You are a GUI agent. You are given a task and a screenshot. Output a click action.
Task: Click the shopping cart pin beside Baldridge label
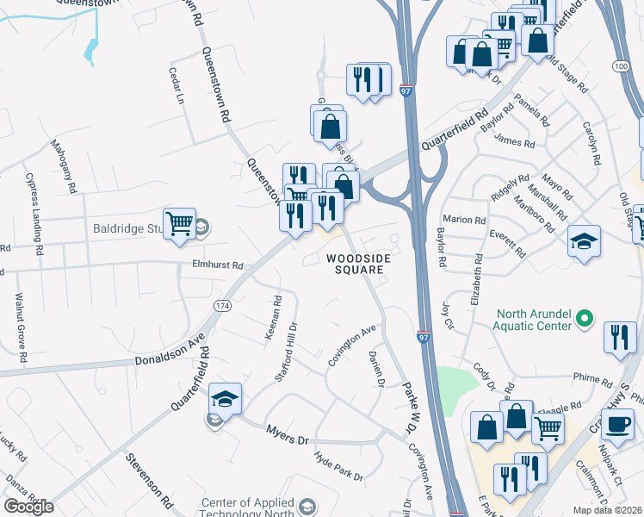coord(179,224)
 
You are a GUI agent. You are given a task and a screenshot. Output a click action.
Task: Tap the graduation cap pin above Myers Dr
coord(225,399)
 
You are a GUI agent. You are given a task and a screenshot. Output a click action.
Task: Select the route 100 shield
coord(622,66)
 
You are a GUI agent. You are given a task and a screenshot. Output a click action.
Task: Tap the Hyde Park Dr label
coord(338,466)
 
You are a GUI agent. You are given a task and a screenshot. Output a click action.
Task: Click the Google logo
coord(28,507)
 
